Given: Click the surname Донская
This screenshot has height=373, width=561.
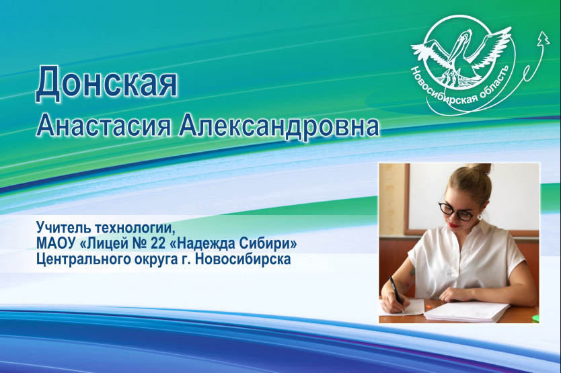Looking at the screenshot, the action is pyautogui.click(x=107, y=84).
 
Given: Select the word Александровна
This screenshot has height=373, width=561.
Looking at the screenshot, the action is pyautogui.click(x=279, y=126).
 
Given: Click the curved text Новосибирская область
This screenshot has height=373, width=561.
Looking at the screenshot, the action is pyautogui.click(x=461, y=89).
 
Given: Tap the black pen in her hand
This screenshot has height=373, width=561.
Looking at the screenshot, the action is pyautogui.click(x=396, y=292).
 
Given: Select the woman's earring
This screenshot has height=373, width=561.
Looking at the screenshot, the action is pyautogui.click(x=480, y=216).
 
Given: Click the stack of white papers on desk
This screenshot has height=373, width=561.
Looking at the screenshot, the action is pyautogui.click(x=467, y=311).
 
